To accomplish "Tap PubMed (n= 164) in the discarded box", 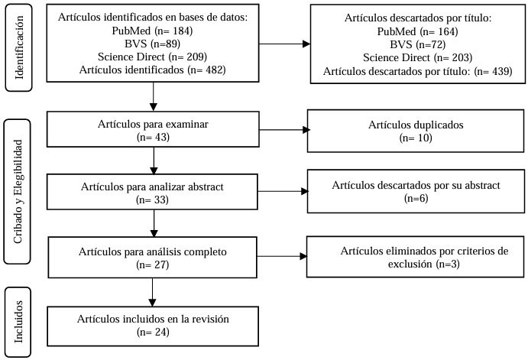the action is [x=417, y=32].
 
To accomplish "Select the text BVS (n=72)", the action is [x=417, y=45].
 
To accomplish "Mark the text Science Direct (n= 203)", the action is [x=417, y=58].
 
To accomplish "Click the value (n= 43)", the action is [x=154, y=138].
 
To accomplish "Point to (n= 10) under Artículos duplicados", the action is [x=416, y=138].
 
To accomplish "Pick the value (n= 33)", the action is [x=154, y=200].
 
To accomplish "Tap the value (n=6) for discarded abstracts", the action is [x=416, y=199].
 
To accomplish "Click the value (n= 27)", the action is [x=154, y=264].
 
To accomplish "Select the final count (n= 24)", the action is [x=154, y=332].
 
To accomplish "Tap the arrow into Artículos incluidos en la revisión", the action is [x=154, y=294].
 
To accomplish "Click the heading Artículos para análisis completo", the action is [x=154, y=251].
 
